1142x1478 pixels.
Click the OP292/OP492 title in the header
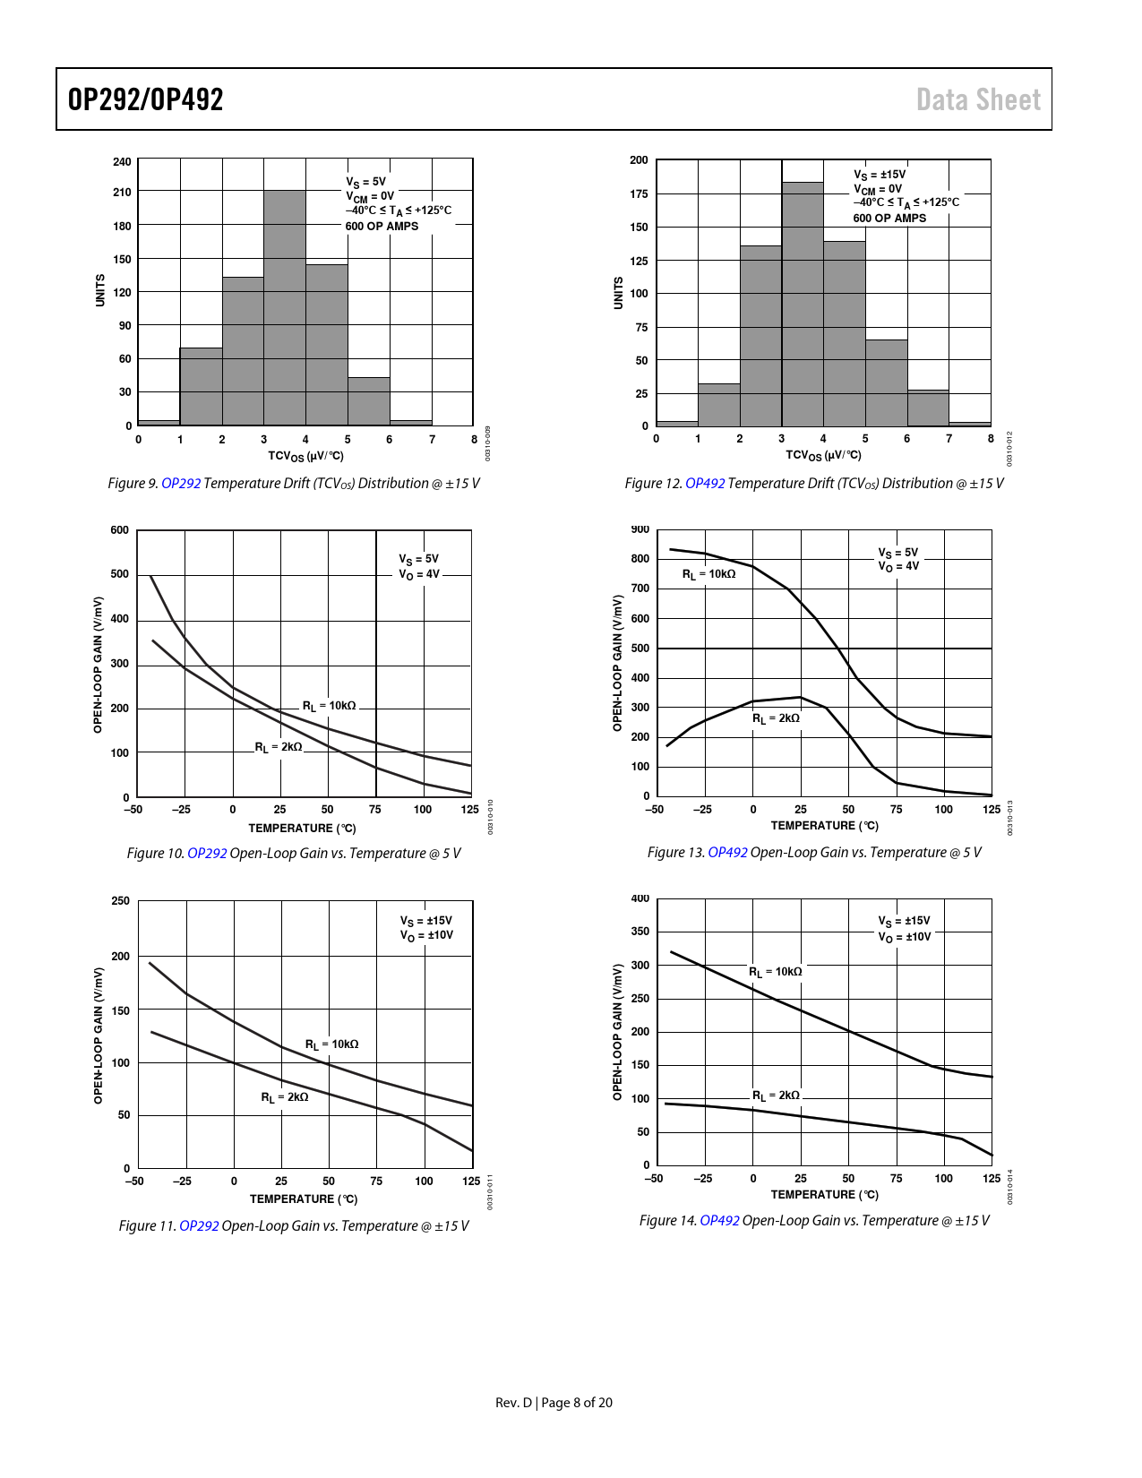[146, 99]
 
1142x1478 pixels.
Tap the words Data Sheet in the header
[978, 99]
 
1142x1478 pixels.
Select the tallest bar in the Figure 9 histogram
[285, 307]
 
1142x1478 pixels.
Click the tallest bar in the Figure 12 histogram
[803, 304]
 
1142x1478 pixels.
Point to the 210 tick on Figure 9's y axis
[122, 192]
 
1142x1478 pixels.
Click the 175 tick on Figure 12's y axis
[639, 193]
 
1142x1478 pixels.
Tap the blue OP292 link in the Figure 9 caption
[181, 484]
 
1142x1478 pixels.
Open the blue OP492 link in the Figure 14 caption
[719, 1221]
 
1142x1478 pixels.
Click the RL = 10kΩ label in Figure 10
[329, 706]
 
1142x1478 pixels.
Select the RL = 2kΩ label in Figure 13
[776, 718]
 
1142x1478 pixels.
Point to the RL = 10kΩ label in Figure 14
[776, 972]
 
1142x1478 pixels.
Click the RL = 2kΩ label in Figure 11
[285, 1097]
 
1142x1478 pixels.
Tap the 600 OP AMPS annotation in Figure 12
[889, 219]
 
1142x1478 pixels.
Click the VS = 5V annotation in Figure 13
[898, 553]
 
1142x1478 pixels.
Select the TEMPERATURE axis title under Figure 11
[304, 1199]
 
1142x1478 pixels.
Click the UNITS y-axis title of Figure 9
[100, 290]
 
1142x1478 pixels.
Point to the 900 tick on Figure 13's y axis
[640, 529]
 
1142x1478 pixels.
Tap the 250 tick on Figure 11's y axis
[120, 901]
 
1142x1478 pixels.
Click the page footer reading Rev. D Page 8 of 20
[554, 1403]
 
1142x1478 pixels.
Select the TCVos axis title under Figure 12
[823, 455]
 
